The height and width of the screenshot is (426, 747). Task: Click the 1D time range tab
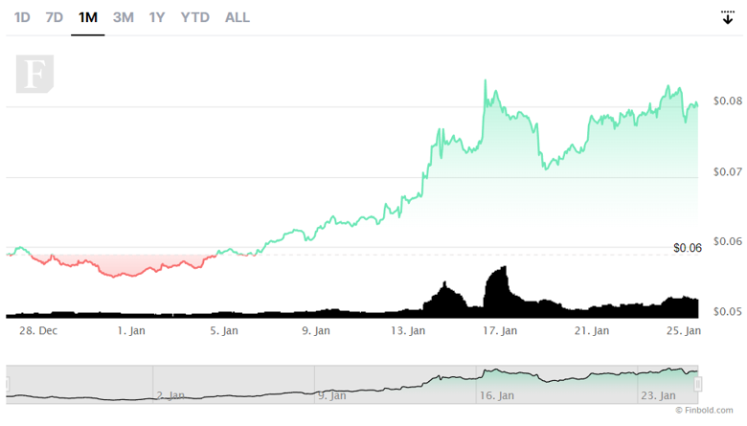(x=22, y=17)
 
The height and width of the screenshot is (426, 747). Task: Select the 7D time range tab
(x=55, y=17)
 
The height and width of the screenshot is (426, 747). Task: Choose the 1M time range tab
(x=88, y=17)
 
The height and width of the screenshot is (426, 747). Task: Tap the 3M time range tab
(x=124, y=17)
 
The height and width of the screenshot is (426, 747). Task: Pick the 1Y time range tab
(x=157, y=17)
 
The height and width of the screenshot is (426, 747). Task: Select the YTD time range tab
(x=195, y=17)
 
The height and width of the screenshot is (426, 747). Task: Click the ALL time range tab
(x=238, y=17)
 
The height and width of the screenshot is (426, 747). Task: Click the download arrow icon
(x=728, y=17)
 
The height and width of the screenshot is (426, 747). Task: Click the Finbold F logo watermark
(x=34, y=75)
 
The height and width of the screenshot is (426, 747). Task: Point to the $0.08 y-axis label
(x=728, y=101)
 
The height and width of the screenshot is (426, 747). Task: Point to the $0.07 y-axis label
(x=728, y=172)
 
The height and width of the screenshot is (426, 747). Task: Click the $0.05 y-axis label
(x=728, y=312)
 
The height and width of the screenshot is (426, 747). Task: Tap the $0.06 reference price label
(x=688, y=248)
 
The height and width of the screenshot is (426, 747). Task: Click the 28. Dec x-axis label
(x=38, y=331)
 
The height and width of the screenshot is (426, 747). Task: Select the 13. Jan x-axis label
(x=409, y=331)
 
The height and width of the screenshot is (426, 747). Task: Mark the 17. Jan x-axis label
(x=500, y=331)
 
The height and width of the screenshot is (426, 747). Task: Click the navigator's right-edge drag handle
(x=698, y=384)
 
